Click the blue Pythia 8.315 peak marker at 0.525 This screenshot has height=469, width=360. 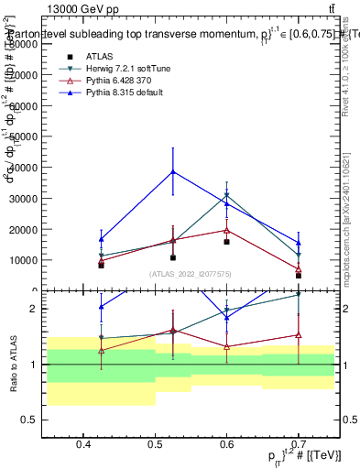(173, 171)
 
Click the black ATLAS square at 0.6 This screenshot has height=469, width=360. (226, 242)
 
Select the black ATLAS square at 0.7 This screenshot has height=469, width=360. (299, 275)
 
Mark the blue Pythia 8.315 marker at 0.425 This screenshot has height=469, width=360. (101, 239)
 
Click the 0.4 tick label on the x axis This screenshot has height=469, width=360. (83, 445)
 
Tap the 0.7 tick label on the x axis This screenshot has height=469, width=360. (299, 445)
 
